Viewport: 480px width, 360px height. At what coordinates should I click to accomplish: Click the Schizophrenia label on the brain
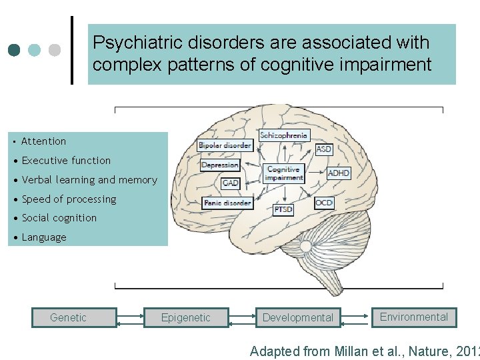pos(284,135)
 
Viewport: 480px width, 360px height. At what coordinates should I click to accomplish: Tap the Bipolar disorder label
pos(225,145)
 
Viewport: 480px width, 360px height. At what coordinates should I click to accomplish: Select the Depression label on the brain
pos(219,165)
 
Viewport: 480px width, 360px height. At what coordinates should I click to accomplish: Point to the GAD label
pos(230,183)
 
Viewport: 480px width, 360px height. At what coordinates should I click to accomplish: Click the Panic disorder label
pos(227,202)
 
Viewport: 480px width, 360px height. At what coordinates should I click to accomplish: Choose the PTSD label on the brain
pos(283,209)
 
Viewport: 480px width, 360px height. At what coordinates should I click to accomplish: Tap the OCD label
pos(324,203)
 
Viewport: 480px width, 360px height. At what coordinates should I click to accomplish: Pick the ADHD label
pos(339,173)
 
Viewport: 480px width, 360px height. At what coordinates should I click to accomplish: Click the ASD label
pos(324,150)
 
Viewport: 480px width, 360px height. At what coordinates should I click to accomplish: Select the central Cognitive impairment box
pos(284,173)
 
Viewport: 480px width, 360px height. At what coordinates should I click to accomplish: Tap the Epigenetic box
pos(185,318)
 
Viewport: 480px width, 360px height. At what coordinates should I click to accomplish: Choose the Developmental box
pos(297,318)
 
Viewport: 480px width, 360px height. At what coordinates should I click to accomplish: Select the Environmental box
pos(414,317)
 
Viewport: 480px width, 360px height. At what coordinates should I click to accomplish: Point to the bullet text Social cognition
pos(59,218)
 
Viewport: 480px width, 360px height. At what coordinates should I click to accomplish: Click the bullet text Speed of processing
pos(69,199)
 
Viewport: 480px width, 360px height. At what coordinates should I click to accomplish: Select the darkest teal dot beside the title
pos(15,51)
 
